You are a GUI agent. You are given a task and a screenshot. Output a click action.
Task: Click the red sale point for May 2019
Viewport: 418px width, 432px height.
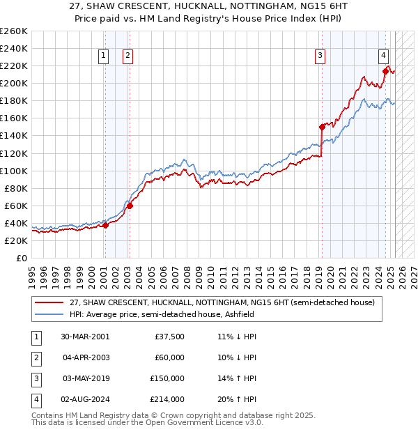click(x=322, y=127)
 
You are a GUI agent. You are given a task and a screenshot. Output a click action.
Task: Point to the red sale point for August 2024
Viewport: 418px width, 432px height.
click(x=385, y=70)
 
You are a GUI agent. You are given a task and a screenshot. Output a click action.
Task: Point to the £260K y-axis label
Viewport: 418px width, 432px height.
click(x=14, y=31)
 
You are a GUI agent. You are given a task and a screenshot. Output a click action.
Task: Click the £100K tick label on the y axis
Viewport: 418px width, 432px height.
click(x=14, y=171)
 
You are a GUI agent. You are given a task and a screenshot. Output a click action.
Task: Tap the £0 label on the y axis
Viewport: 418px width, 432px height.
click(x=22, y=258)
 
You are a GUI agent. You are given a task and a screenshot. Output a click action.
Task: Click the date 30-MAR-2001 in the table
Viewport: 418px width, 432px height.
click(x=85, y=337)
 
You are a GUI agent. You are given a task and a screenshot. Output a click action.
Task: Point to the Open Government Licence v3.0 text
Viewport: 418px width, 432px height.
click(x=201, y=422)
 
